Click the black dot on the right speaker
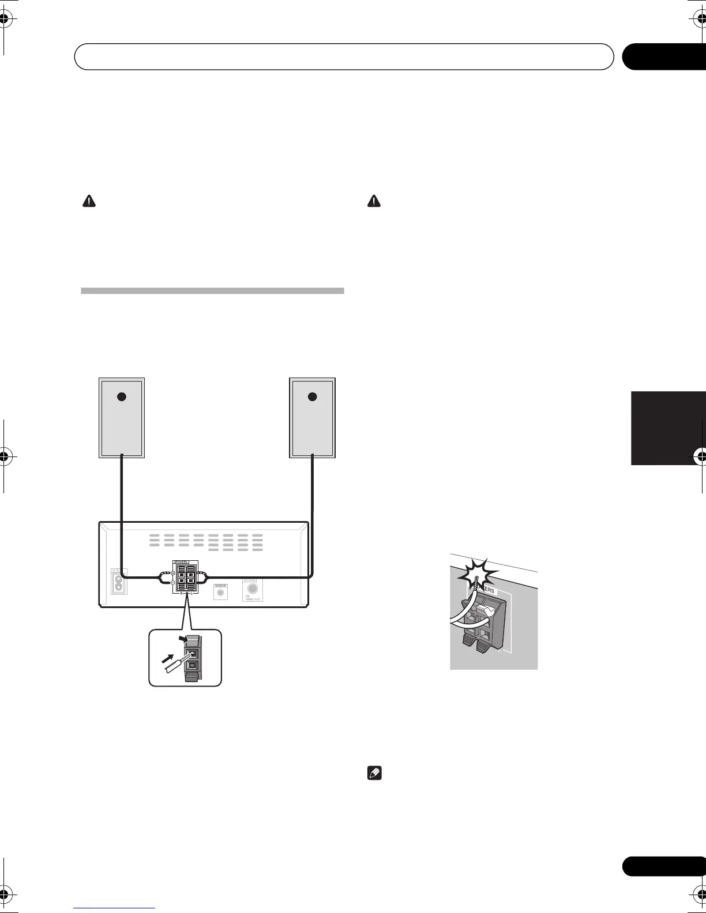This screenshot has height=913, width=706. pyautogui.click(x=312, y=397)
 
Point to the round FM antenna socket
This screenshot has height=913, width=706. pyautogui.click(x=251, y=588)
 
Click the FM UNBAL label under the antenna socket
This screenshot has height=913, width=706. pyautogui.click(x=252, y=599)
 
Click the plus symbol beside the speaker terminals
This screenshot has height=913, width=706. pyautogui.click(x=172, y=572)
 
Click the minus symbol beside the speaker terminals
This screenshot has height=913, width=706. pyautogui.click(x=172, y=582)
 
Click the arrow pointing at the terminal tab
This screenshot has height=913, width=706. pyautogui.click(x=183, y=638)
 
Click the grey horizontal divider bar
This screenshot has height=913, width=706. pyautogui.click(x=212, y=290)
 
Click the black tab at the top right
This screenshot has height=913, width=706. pyautogui.click(x=663, y=56)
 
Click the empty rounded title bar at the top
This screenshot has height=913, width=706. pyautogui.click(x=344, y=56)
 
